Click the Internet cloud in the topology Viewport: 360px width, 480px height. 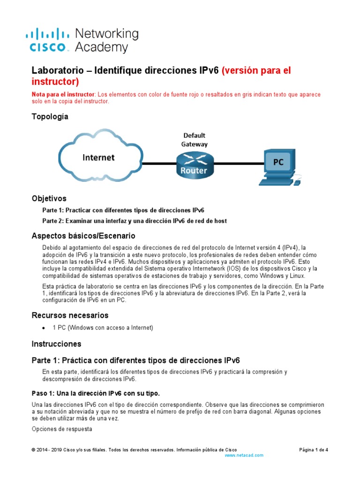pyautogui.click(x=99, y=157)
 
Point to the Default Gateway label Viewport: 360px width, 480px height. pyautogui.click(x=195, y=140)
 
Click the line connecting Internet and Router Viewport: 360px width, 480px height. pyautogui.click(x=159, y=164)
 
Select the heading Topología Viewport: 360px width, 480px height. pyautogui.click(x=50, y=117)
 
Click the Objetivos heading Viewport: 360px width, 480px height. pyautogui.click(x=49, y=198)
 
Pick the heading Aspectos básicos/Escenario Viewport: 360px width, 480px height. pyautogui.click(x=83, y=235)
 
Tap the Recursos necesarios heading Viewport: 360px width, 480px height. pyautogui.click(x=70, y=315)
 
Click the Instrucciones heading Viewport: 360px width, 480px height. pyautogui.click(x=56, y=344)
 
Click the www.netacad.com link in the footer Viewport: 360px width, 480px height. pyautogui.click(x=244, y=455)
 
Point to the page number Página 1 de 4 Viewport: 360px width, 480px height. pyautogui.click(x=314, y=450)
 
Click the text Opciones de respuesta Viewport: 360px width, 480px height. pyautogui.click(x=55, y=428)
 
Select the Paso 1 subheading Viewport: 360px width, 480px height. pyautogui.click(x=98, y=392)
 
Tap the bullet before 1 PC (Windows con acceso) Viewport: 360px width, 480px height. pyautogui.click(x=44, y=328)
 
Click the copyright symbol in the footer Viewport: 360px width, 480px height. pyautogui.click(x=33, y=450)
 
